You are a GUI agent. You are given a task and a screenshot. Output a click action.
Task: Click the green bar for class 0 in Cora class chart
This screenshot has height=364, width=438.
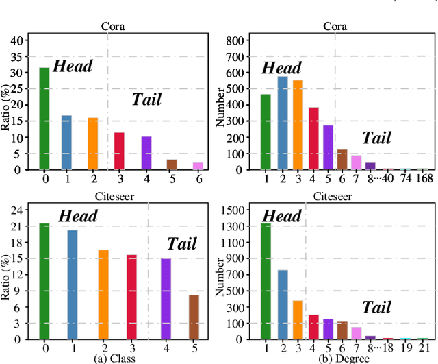coord(44,119)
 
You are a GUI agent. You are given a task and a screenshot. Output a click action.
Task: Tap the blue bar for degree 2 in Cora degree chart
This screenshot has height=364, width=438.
coord(282,123)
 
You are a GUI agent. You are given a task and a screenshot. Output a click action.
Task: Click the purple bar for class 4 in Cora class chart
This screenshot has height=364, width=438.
coord(146,153)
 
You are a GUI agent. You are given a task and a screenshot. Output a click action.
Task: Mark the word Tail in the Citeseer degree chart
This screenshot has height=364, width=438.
coord(377,307)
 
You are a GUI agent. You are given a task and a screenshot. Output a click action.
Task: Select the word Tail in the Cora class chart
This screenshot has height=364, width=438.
coord(146,99)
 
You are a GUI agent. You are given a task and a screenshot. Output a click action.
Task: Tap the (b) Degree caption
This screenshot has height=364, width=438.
coord(344,358)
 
